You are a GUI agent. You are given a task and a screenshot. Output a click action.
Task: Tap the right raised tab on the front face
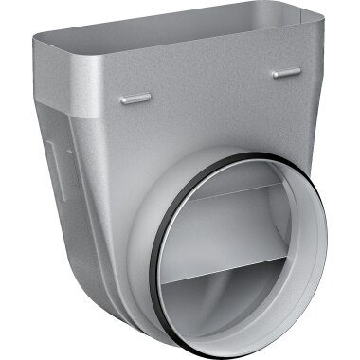[x=286, y=72]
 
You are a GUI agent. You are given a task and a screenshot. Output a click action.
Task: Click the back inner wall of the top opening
[x=189, y=21]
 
